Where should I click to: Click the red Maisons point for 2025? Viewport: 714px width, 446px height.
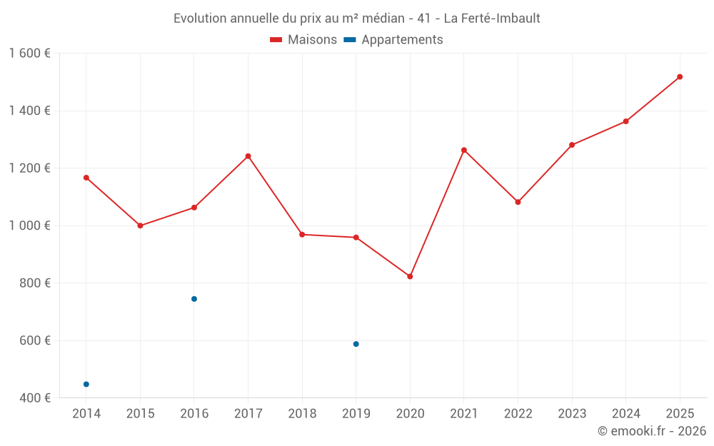point(680,77)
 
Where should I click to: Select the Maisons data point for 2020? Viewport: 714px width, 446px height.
point(410,276)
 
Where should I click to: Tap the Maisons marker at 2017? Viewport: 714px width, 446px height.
point(248,156)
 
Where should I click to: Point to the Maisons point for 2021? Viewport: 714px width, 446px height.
point(464,150)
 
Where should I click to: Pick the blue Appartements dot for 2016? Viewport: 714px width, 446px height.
point(194,299)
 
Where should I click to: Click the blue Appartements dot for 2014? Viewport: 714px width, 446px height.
point(86,384)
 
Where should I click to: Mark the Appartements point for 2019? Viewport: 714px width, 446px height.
point(356,344)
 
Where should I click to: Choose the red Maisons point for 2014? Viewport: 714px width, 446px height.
point(86,178)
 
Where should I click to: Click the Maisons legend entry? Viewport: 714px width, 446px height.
point(303,40)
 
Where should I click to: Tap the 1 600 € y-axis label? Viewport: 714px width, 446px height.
point(30,54)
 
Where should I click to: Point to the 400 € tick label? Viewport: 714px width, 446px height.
point(34,397)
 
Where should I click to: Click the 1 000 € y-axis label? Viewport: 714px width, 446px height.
point(30,225)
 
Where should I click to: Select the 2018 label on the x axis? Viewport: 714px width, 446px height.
point(302,413)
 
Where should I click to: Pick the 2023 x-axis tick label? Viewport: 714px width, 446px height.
point(572,413)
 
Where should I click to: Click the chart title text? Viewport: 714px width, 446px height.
point(357,18)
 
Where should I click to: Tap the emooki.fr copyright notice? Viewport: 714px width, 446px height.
point(651,431)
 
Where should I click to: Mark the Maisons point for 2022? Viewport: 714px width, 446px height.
point(518,202)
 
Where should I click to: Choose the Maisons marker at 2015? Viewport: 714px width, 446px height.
point(140,225)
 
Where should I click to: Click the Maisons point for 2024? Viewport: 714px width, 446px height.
point(625,121)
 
